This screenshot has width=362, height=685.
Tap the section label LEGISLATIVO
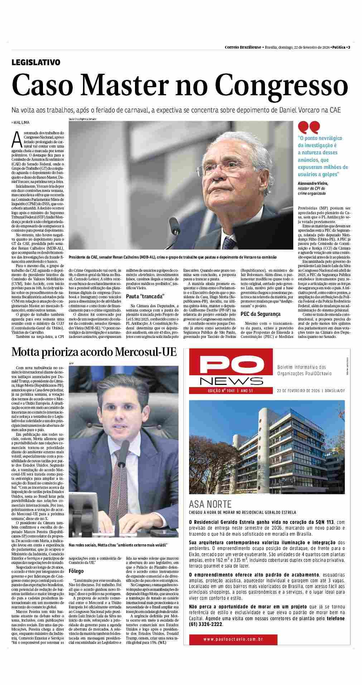point(36,62)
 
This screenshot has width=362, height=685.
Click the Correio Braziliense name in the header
point(243,47)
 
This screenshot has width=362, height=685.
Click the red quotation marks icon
point(309,127)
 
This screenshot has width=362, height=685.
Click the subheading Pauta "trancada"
point(145,296)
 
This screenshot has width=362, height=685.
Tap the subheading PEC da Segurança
point(261,314)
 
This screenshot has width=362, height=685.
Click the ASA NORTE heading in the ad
point(210,504)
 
